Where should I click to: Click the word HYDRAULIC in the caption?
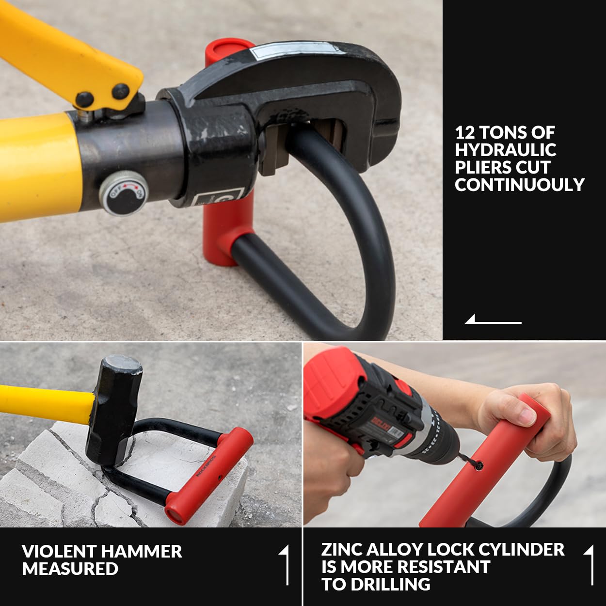tap(505, 150)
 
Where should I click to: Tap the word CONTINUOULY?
tap(519, 184)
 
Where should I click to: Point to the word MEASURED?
tap(70, 569)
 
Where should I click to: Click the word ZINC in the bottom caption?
tap(341, 549)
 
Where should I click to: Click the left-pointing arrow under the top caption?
tap(493, 319)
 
